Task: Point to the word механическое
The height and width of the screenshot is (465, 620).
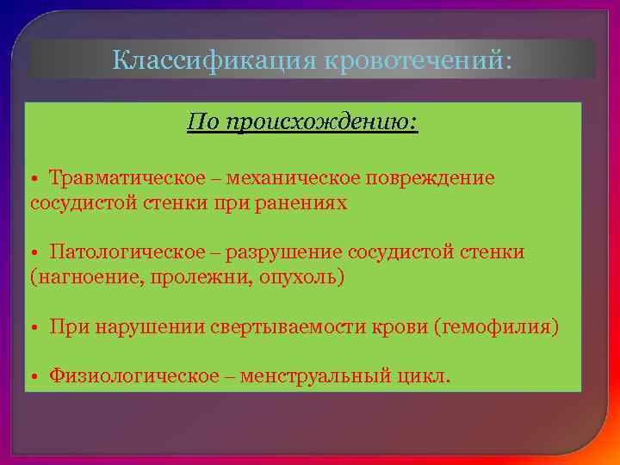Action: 292,178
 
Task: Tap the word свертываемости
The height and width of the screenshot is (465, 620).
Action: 293,328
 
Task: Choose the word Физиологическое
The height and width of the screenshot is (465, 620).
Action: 133,377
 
